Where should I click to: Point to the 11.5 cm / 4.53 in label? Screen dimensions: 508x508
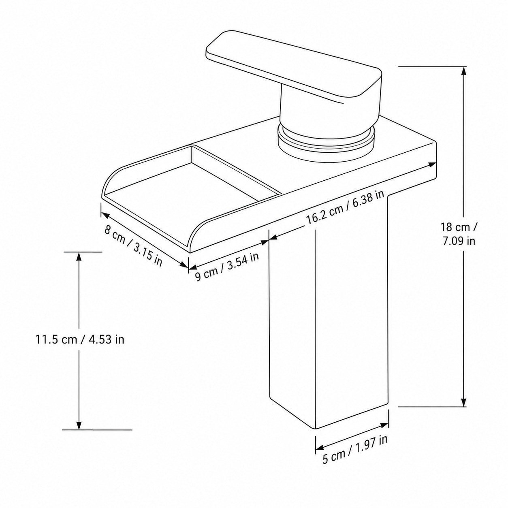(80, 339)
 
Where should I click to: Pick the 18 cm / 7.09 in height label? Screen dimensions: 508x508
(459, 234)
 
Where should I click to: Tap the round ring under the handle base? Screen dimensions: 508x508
(326, 144)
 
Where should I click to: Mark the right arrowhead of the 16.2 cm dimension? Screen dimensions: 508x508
(431, 164)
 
